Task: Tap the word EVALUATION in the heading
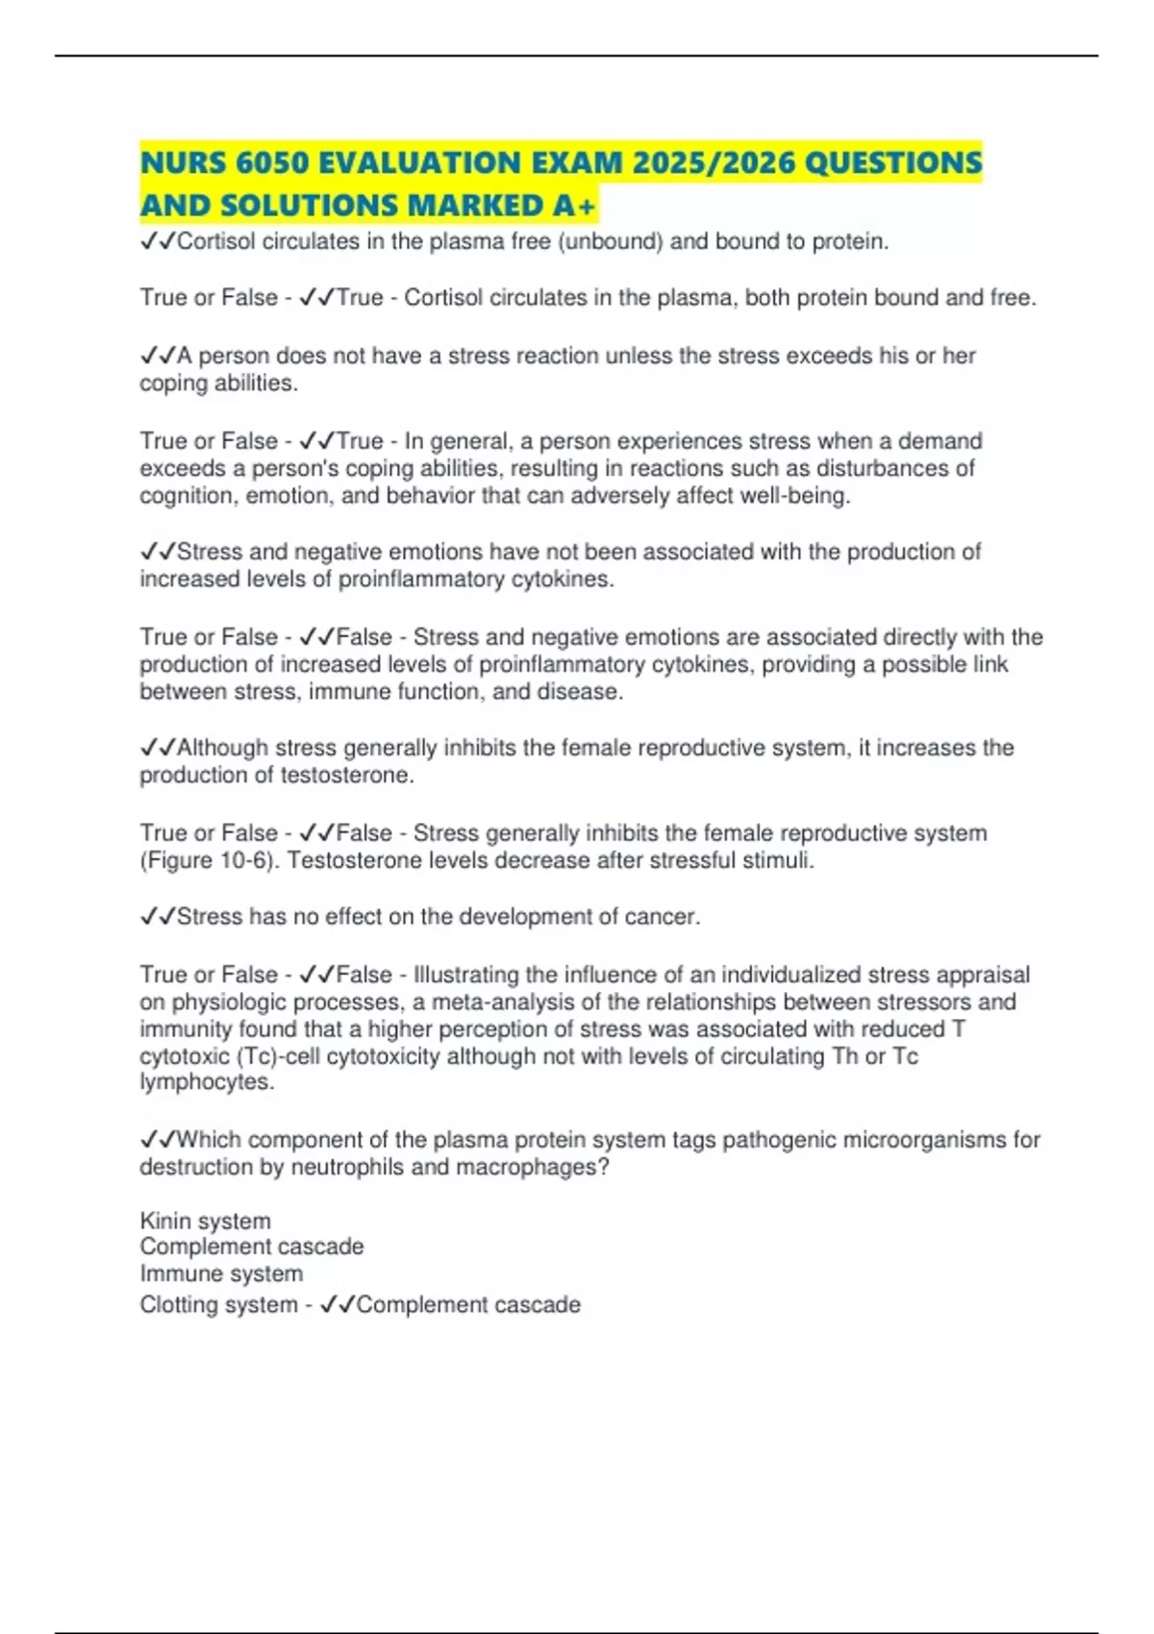410,162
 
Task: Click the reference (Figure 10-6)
210,860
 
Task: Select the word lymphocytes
207,1082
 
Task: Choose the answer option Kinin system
205,1221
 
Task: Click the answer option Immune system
221,1274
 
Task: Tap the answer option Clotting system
218,1305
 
